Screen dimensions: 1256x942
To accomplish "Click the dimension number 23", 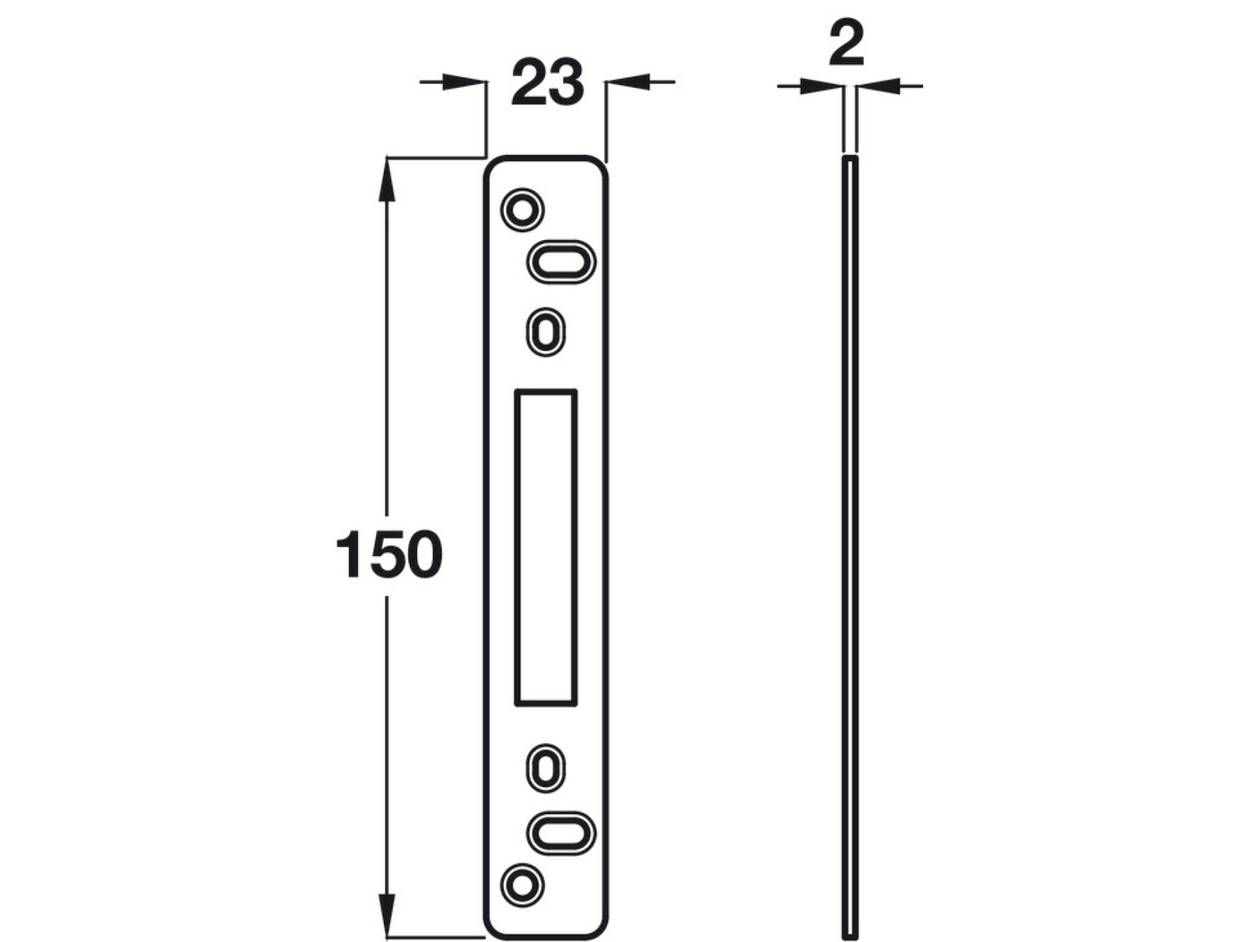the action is click(x=547, y=83).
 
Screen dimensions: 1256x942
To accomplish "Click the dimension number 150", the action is click(x=389, y=555).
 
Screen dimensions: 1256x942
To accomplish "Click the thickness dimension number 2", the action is click(x=846, y=43).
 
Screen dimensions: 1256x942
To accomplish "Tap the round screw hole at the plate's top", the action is click(x=523, y=209).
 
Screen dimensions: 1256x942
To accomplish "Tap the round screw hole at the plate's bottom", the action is click(x=523, y=886).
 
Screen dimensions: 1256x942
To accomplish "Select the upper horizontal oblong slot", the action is click(x=560, y=262).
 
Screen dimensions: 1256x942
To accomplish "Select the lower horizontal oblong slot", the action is click(x=560, y=833).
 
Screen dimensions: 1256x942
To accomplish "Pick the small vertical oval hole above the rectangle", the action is click(x=546, y=332).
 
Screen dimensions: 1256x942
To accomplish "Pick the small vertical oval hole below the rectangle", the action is click(x=546, y=768).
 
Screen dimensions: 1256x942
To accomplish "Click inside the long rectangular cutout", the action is click(x=546, y=548).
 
